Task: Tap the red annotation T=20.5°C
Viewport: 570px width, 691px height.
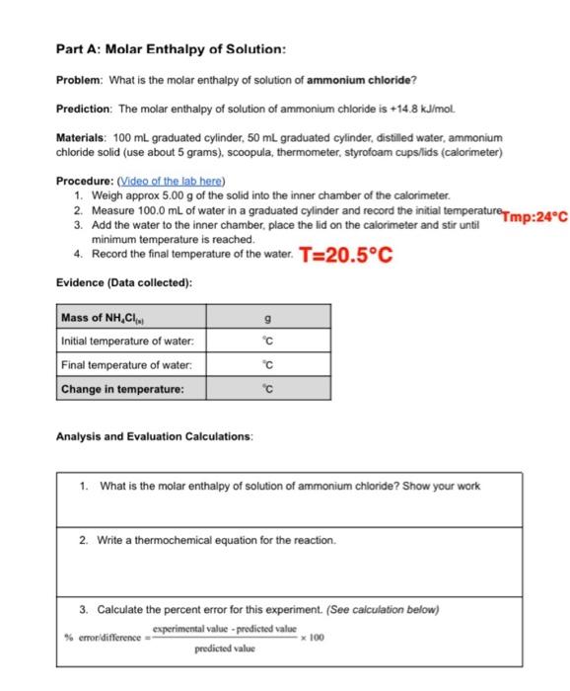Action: tap(346, 256)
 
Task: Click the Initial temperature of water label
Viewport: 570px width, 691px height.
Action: tap(127, 343)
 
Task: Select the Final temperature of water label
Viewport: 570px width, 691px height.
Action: tap(125, 366)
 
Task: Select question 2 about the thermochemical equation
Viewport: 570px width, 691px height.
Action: tap(207, 540)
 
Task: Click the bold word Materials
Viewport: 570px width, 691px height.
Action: tap(81, 137)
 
